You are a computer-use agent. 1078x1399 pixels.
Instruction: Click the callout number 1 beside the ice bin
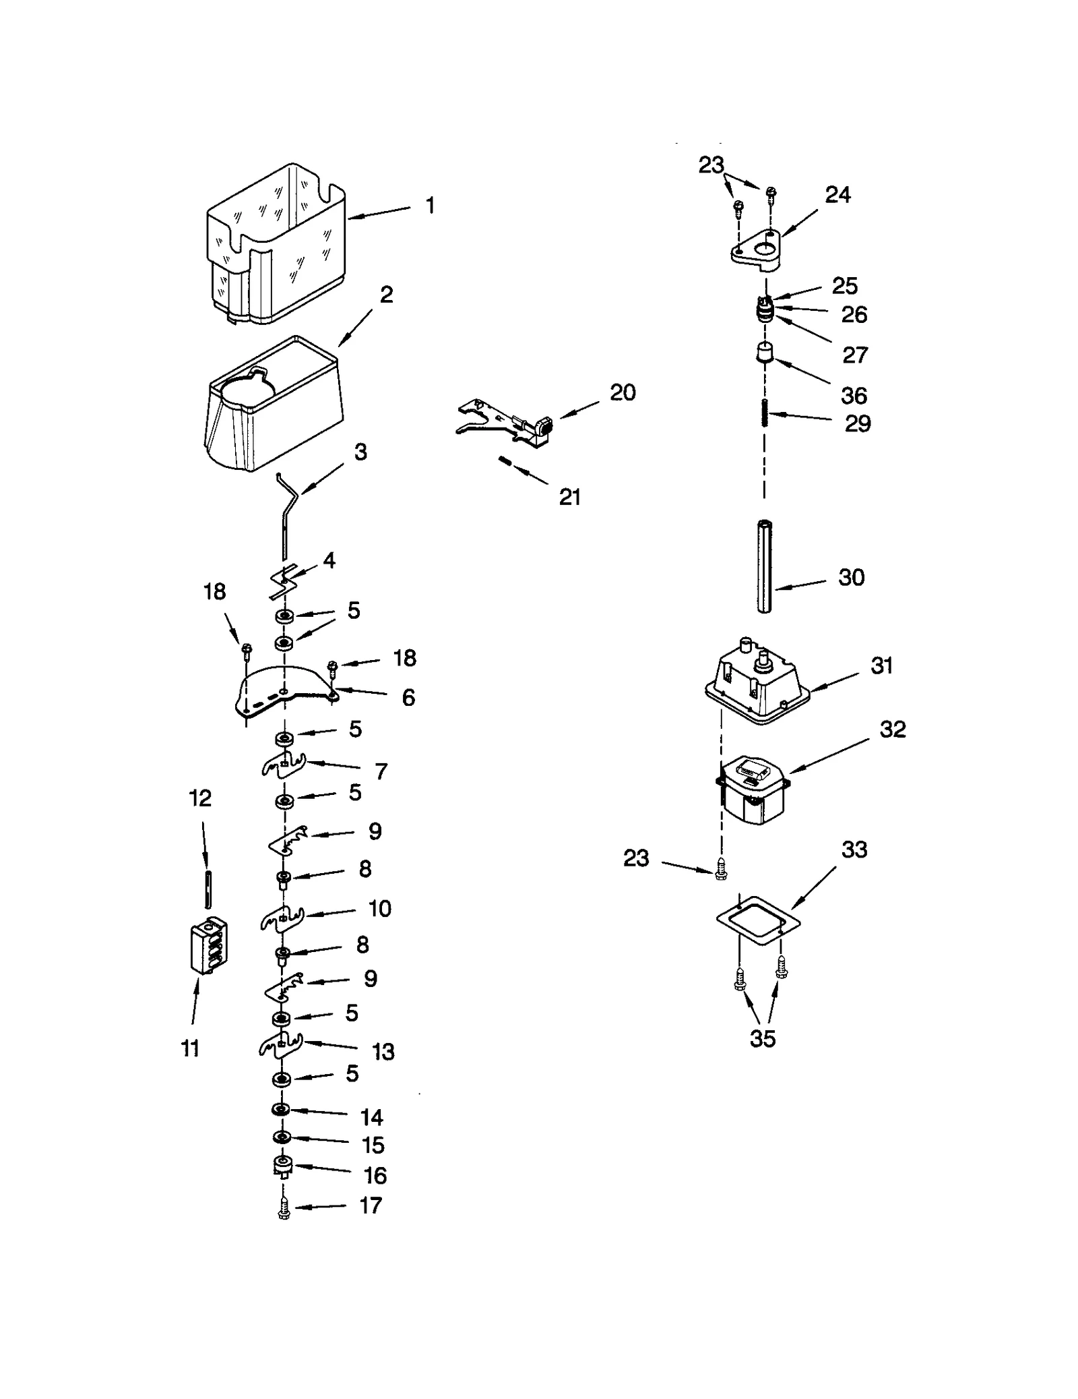coord(430,205)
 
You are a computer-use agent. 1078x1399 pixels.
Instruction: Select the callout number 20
coord(623,392)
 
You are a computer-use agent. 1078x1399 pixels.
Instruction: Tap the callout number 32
coord(893,729)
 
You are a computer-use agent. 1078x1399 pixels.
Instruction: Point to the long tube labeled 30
coord(764,566)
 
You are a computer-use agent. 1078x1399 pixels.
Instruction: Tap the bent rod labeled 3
coord(288,512)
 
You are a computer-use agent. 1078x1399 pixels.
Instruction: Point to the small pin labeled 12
coord(209,890)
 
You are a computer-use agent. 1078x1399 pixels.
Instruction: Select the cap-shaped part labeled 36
coord(763,353)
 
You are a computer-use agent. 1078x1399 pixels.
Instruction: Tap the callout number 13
coord(383,1051)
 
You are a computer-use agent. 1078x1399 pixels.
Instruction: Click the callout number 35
coord(763,1038)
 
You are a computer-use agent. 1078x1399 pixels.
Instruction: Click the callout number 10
coord(380,908)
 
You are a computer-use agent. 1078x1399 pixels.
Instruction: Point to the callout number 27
coord(855,355)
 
